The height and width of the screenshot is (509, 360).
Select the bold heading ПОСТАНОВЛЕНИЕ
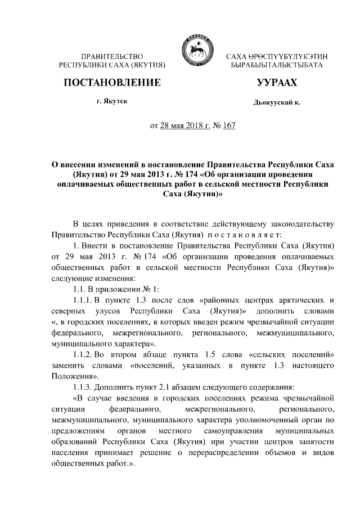pos(112,83)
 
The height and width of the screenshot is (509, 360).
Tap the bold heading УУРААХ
pos(276,83)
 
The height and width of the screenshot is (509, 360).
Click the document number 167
pos(228,125)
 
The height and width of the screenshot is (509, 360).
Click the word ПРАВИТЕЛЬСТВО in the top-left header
pos(112,57)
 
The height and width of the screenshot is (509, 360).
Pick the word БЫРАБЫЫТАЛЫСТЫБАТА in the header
pos(277,66)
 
